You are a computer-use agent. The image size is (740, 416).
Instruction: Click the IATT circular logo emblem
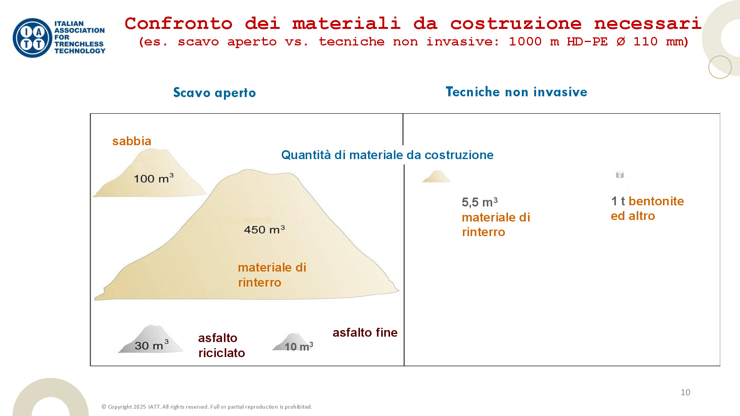click(32, 38)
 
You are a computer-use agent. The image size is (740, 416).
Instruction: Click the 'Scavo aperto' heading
click(214, 93)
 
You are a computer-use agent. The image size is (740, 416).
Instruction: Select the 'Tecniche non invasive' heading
click(516, 92)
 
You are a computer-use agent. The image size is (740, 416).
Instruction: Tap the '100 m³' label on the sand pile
click(153, 178)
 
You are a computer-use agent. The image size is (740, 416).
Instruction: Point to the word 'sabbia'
click(132, 141)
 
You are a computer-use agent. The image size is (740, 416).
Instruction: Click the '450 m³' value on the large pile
click(264, 230)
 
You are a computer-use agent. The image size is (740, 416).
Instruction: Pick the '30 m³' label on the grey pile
click(152, 345)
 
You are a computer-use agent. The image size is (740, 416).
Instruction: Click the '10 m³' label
click(299, 346)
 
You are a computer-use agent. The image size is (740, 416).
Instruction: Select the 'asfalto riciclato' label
click(222, 346)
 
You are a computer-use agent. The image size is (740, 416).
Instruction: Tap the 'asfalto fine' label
click(365, 332)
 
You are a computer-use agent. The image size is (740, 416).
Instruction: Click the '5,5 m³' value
click(480, 202)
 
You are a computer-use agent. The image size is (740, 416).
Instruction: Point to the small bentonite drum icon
click(620, 175)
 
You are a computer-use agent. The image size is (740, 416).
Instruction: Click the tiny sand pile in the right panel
click(436, 176)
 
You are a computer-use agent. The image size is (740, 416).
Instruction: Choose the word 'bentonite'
click(656, 201)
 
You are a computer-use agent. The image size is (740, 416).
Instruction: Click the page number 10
click(685, 393)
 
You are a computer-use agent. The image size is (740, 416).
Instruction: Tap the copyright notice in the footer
click(207, 407)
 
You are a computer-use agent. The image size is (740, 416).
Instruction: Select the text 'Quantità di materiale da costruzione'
click(387, 155)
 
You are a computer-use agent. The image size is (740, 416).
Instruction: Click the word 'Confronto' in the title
click(179, 23)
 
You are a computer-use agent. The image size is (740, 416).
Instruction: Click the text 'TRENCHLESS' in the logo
click(79, 44)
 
